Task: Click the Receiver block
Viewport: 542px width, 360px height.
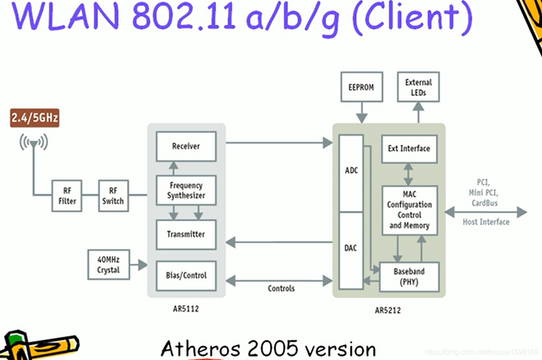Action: pos(186,146)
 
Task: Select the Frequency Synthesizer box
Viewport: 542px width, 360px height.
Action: pos(186,190)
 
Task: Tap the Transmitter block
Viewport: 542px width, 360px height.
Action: pos(186,234)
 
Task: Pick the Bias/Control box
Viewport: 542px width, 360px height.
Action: pos(186,275)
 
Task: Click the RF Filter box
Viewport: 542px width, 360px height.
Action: pos(67,195)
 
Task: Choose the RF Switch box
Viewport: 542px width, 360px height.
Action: pos(113,195)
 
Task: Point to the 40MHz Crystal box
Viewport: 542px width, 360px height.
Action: pos(108,264)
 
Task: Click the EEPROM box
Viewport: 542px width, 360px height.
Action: pos(361,87)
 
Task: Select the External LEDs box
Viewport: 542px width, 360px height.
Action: pos(418,87)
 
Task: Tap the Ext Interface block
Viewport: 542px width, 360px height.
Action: pos(409,149)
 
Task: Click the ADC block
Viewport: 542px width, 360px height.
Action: pos(351,171)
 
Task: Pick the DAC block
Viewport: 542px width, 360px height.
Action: pos(351,249)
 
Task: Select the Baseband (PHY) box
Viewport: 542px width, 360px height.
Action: pos(409,276)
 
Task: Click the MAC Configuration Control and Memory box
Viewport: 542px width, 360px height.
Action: pos(409,210)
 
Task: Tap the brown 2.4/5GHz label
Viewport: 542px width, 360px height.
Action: pos(34,118)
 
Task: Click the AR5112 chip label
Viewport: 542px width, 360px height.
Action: pos(186,309)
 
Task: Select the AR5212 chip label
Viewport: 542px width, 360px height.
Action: pos(388,310)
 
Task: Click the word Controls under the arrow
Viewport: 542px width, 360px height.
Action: pos(281,288)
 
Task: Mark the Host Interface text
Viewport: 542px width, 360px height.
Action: pos(486,222)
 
